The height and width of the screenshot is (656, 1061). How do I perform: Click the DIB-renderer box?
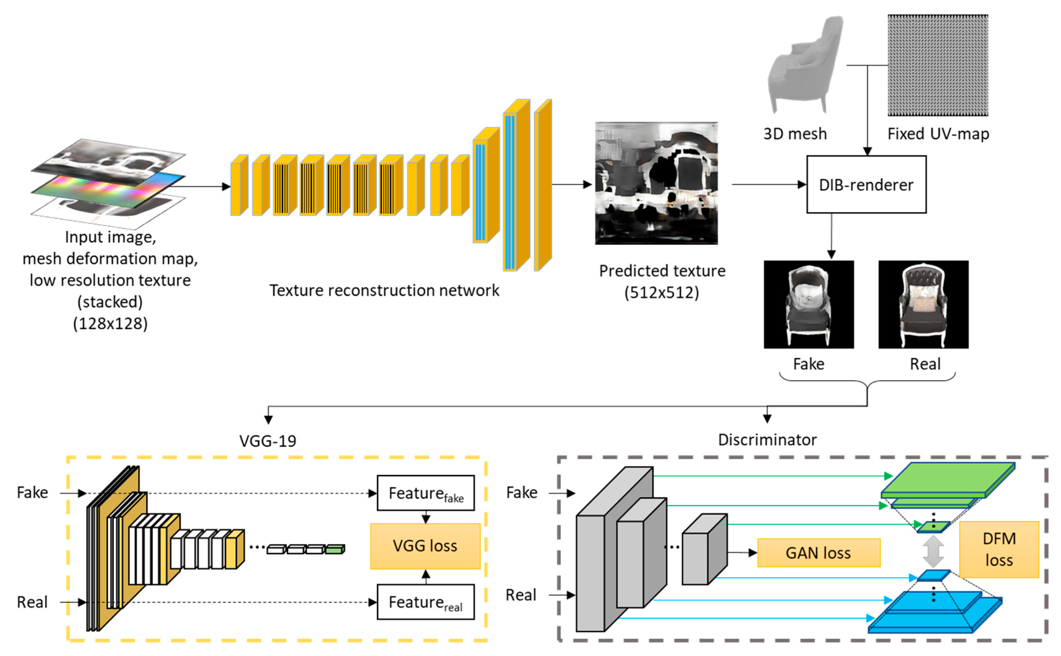click(866, 184)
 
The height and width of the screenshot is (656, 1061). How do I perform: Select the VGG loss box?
click(425, 546)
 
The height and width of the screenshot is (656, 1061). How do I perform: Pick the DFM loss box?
click(998, 549)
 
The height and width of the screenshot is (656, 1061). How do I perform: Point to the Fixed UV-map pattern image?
click(937, 65)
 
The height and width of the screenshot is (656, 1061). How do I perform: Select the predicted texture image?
click(656, 183)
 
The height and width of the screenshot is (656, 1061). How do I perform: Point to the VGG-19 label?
click(268, 441)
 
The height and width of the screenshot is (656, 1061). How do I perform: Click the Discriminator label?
click(767, 439)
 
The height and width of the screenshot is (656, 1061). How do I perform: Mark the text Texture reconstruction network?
click(384, 290)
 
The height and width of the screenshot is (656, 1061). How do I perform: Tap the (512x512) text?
click(661, 293)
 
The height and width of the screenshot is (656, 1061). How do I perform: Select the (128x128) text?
click(110, 324)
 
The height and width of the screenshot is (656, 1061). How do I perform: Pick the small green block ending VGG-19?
click(334, 550)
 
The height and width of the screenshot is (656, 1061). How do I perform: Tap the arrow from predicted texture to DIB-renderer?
click(768, 184)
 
